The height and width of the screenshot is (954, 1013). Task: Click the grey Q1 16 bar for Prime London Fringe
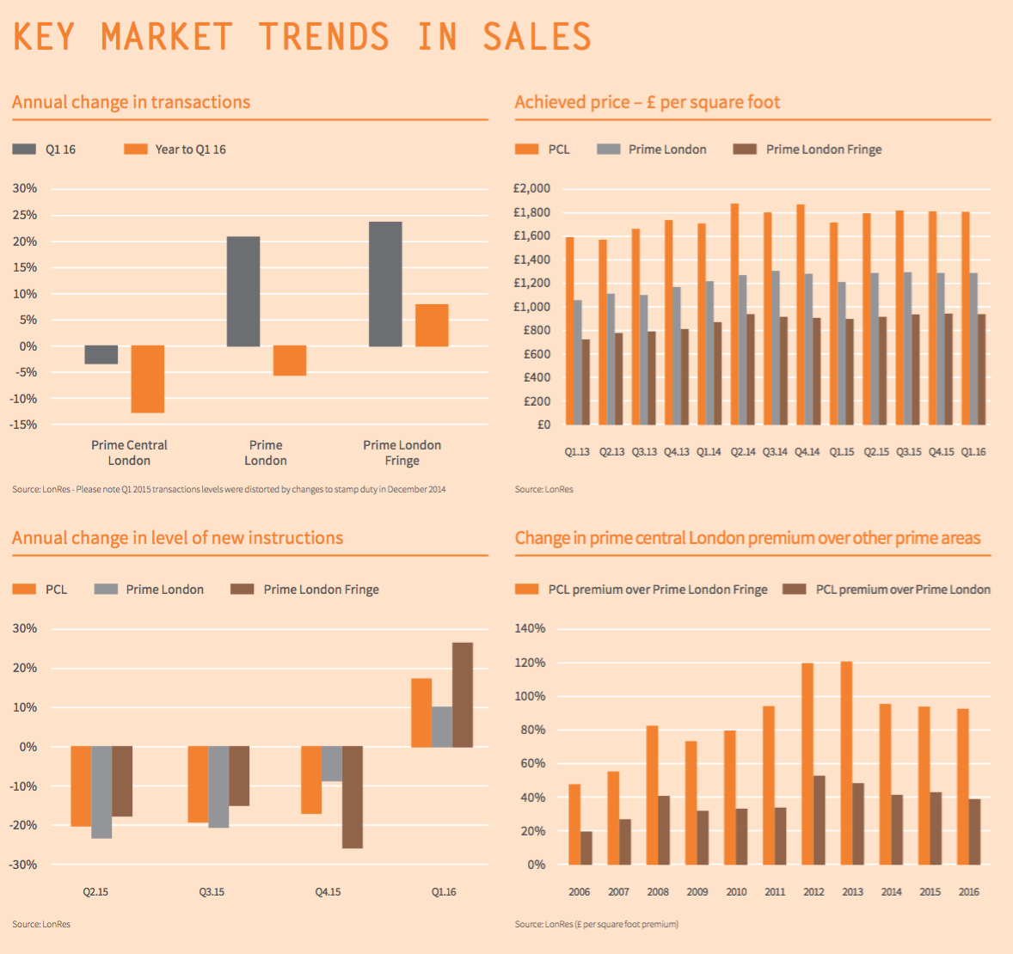click(385, 284)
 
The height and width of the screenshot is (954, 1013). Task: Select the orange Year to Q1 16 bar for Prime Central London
click(147, 379)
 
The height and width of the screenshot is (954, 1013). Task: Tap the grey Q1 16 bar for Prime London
click(243, 291)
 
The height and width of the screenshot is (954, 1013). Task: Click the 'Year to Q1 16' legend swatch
click(136, 150)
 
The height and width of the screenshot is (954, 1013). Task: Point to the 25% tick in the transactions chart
click(25, 215)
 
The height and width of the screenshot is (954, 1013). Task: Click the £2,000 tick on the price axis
click(531, 189)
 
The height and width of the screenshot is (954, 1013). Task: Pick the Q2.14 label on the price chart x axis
click(743, 452)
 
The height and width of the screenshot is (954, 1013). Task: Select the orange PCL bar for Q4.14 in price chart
click(801, 315)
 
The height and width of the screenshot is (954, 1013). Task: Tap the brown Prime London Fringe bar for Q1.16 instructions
click(463, 694)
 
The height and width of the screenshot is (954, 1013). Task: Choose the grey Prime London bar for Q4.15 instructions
click(332, 764)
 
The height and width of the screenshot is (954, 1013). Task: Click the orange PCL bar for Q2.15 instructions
click(81, 786)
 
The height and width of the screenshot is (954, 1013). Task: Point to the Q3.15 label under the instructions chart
click(212, 892)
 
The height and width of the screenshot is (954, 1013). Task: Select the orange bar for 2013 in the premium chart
click(846, 763)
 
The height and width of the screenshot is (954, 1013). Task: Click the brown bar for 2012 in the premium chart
click(819, 820)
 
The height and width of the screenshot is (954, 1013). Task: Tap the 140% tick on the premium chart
click(530, 628)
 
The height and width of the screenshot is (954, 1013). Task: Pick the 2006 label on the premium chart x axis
click(580, 892)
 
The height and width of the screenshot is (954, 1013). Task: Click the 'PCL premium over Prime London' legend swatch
click(795, 590)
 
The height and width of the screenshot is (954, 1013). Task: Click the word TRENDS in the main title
click(324, 37)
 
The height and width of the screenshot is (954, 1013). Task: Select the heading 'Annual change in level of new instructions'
click(178, 538)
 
